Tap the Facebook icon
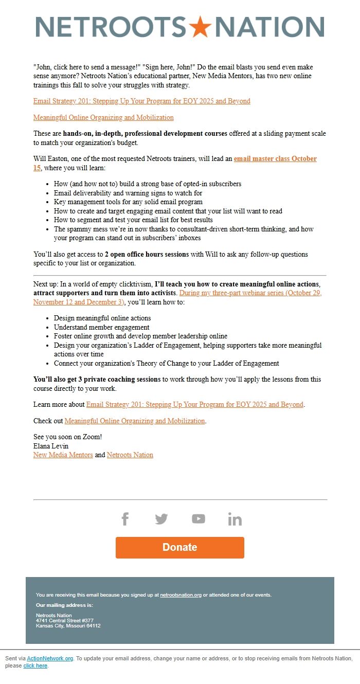click(125, 519)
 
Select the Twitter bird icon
click(161, 519)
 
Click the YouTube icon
click(198, 519)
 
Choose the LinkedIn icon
click(235, 519)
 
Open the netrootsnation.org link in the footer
click(181, 595)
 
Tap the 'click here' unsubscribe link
click(35, 665)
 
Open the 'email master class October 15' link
click(275, 159)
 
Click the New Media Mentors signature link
click(63, 455)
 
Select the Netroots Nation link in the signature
click(130, 455)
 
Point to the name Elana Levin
click(51, 446)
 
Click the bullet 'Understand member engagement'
click(102, 327)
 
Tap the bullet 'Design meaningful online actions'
click(102, 318)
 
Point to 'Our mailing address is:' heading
click(64, 605)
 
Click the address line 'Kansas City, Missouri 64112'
click(68, 626)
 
